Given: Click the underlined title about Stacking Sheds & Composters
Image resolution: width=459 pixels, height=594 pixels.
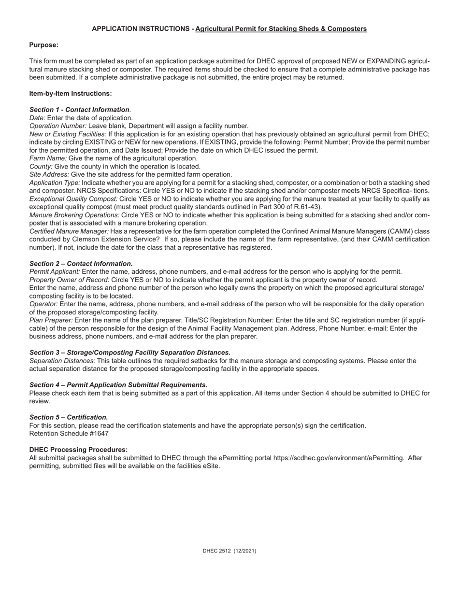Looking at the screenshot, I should point(281,28).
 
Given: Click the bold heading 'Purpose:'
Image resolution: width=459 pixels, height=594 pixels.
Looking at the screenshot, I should point(43,45).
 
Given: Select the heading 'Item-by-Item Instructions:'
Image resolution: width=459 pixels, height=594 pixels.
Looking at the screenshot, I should point(71,93).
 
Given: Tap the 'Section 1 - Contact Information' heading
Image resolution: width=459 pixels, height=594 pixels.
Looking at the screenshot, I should point(79,110).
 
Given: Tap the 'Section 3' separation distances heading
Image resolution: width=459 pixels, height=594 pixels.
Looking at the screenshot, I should point(129,353).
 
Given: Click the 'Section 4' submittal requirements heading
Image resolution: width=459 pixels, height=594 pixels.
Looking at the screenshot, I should point(118,385).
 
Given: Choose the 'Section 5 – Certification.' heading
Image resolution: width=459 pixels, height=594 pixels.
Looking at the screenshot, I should point(69,417).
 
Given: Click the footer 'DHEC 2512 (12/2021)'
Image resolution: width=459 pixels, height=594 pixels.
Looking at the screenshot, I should point(229,551).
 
